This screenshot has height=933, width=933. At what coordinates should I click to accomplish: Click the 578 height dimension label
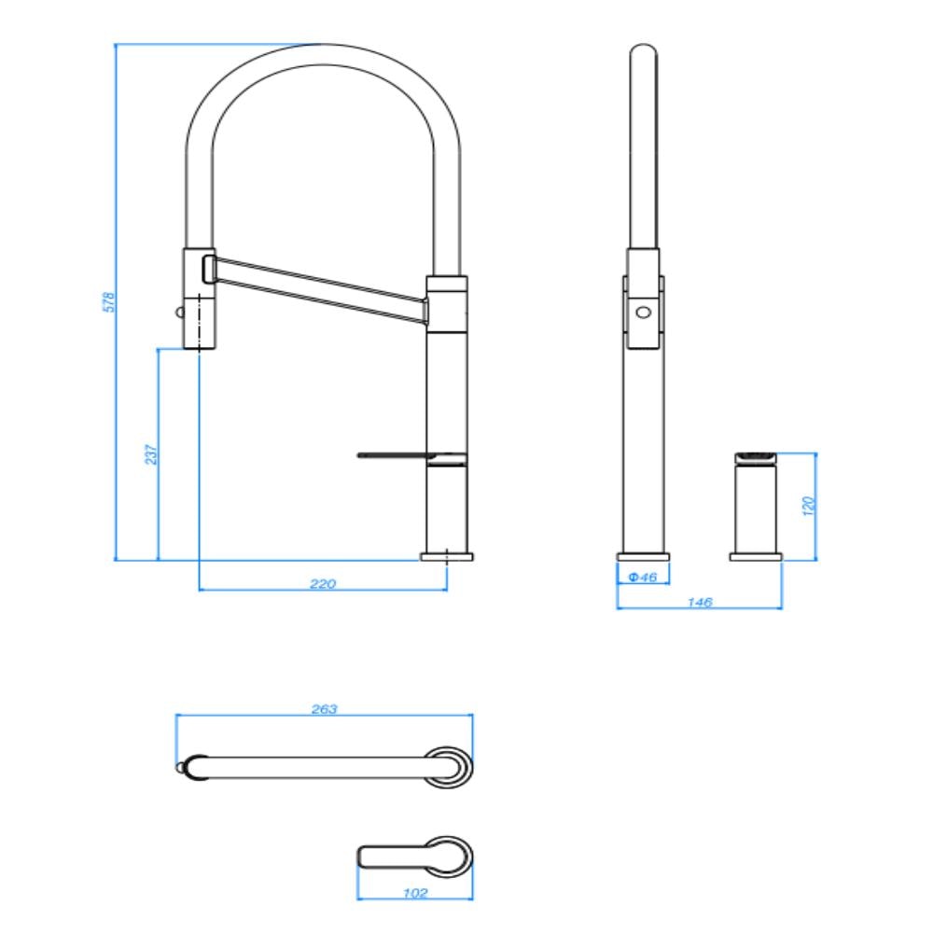(x=109, y=301)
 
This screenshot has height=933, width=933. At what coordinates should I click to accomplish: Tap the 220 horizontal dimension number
(x=322, y=584)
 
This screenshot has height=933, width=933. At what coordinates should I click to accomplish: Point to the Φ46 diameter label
(x=643, y=578)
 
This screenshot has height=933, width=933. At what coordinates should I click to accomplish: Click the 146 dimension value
(x=699, y=602)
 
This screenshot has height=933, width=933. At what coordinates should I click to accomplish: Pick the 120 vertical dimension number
(x=810, y=505)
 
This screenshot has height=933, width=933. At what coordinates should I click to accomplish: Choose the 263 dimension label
(x=324, y=709)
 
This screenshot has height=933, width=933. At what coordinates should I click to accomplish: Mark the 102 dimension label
(x=415, y=893)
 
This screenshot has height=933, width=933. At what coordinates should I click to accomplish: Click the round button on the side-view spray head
(x=644, y=312)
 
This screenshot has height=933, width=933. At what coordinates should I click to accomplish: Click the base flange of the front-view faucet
(x=447, y=556)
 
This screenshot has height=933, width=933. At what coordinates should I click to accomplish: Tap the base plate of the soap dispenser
(x=756, y=557)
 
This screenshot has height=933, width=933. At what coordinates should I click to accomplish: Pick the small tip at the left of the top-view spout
(x=179, y=767)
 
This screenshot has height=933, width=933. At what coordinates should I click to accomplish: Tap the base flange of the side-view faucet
(x=643, y=557)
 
